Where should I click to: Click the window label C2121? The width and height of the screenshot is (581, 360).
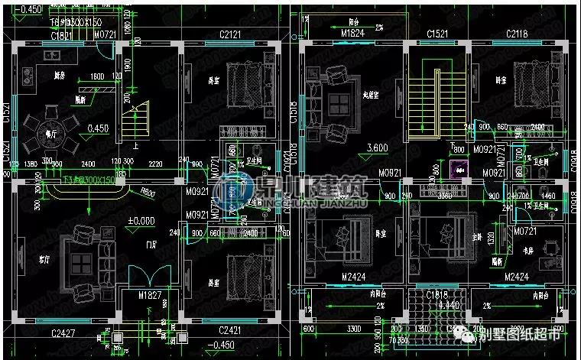point(231,35)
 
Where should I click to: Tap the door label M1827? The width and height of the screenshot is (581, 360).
point(150,295)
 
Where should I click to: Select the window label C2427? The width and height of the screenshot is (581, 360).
point(67,332)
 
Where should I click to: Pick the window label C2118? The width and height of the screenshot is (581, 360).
point(519,35)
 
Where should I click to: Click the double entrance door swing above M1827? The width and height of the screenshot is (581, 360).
point(146,275)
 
